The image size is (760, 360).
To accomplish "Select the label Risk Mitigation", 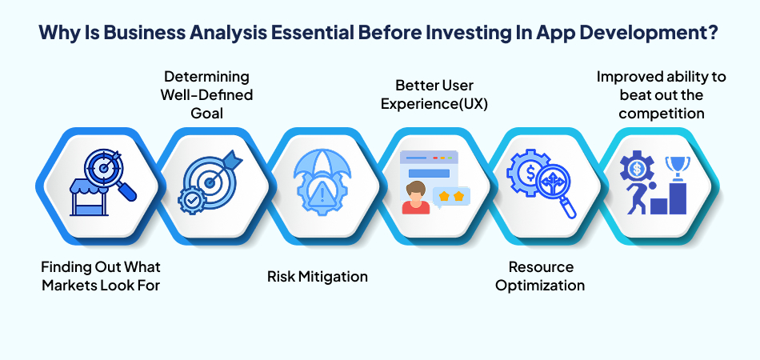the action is coord(318,277).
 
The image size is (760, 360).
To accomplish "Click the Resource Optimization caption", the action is coord(541,276).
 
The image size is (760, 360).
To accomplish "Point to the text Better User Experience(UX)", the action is coord(434,95).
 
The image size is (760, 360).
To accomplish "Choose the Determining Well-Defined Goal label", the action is coord(206,95).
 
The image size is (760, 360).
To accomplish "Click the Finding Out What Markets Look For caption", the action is coord(101,276).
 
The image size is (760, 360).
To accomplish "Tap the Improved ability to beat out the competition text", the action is coord(662,95).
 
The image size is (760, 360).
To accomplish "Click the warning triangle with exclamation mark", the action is coord(319,196).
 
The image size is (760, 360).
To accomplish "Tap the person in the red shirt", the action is coord(416,198).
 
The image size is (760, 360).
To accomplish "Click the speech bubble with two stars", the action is coord(450,198).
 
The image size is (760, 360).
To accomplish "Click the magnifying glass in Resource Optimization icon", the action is coord(557,190).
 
